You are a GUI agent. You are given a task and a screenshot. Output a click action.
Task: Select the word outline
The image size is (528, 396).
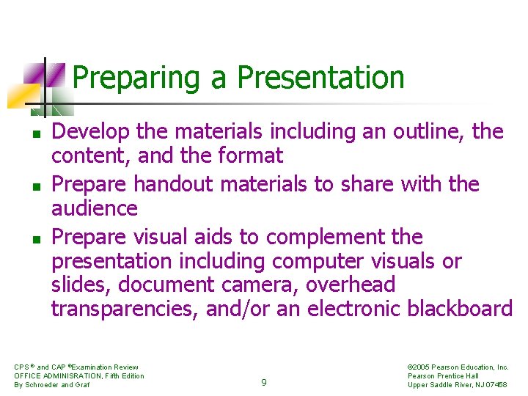[x=428, y=132]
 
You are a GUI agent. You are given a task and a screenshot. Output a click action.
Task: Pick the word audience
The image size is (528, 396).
[x=94, y=209]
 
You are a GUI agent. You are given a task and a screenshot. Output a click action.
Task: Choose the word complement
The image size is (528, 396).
[x=325, y=238]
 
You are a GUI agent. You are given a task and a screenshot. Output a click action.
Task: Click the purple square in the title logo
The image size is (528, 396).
[x=34, y=73]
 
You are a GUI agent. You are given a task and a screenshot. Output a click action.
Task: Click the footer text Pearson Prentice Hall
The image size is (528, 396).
[x=443, y=375]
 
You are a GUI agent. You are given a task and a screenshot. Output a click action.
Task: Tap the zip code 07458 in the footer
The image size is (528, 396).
[x=494, y=384]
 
